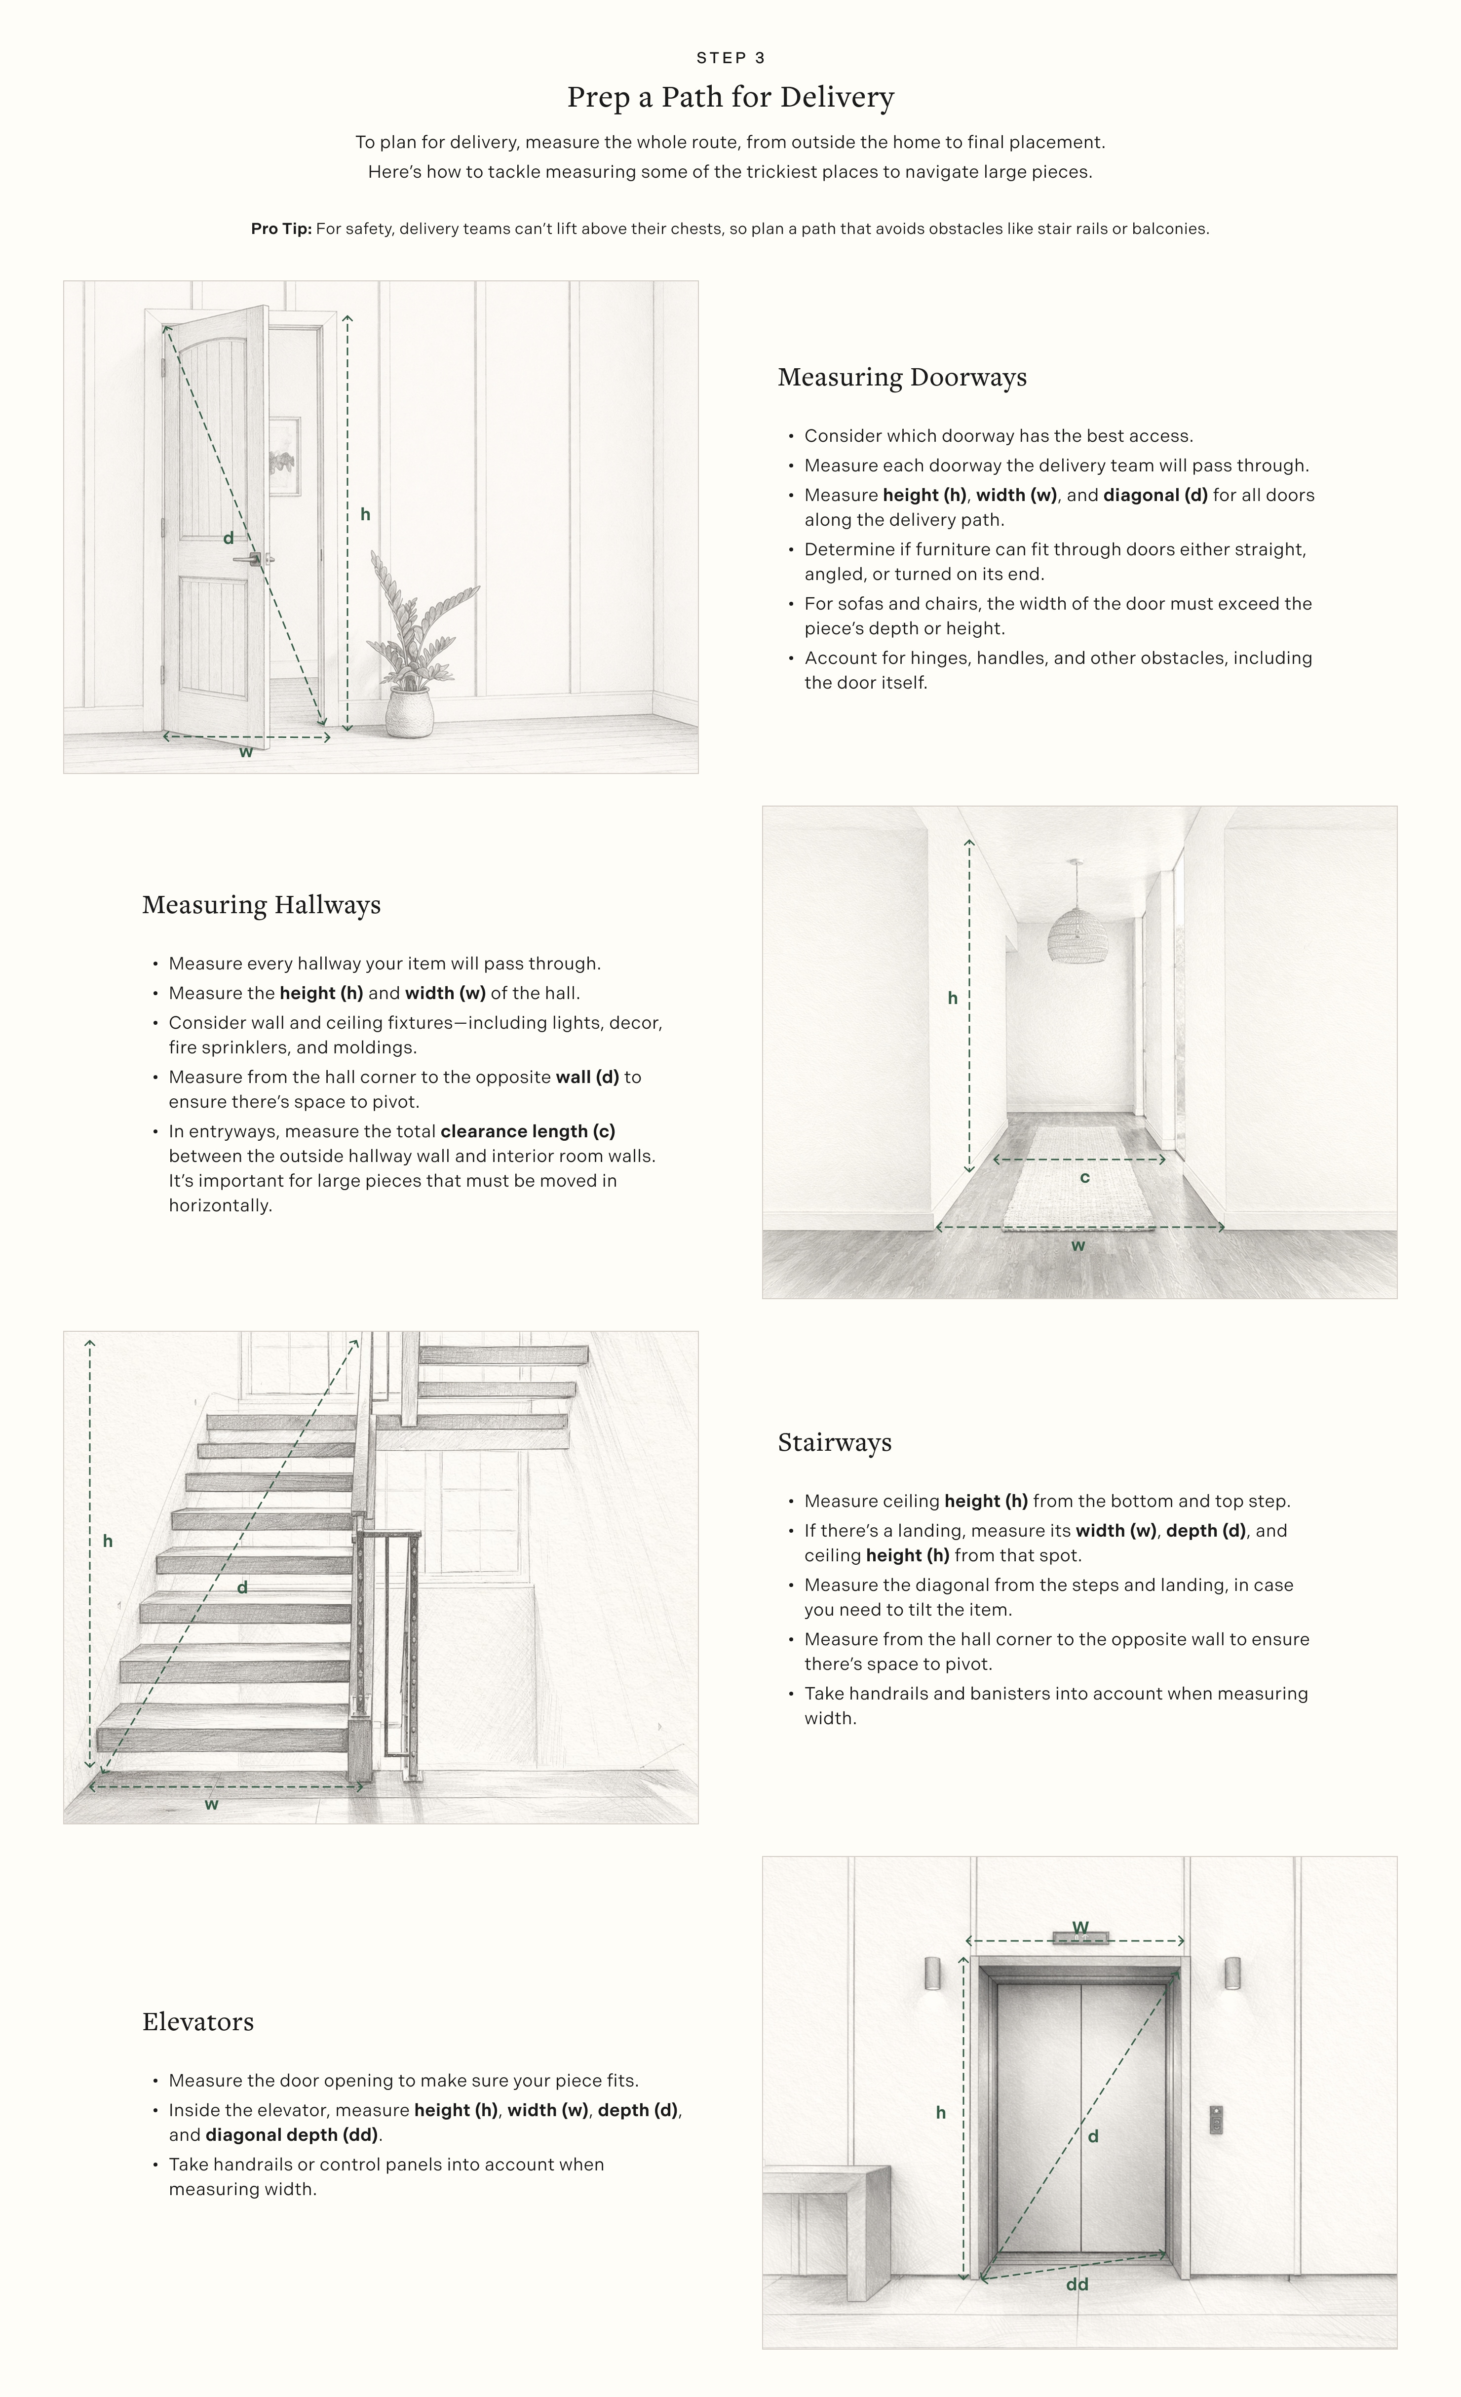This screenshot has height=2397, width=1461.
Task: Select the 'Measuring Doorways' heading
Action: click(902, 378)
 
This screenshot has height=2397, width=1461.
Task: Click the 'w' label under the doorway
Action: click(246, 752)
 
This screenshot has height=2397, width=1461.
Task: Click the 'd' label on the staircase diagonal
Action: click(242, 1587)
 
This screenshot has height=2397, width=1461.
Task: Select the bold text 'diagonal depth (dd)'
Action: click(292, 2135)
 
